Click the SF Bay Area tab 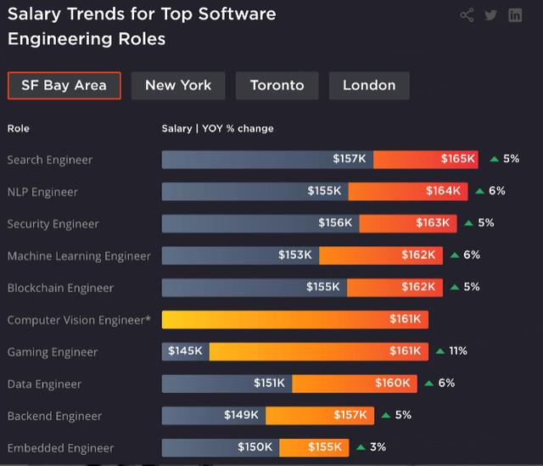pos(64,86)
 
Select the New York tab pos(178,86)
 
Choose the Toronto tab pos(277,86)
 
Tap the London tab pos(369,86)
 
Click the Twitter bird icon pos(490,15)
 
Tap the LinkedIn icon pos(515,15)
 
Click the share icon pos(467,15)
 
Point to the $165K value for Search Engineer pos(457,159)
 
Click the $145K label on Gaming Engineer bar pos(185,351)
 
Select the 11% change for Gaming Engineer pos(458,351)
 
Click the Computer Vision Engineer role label pos(79,320)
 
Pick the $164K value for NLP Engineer pos(443,191)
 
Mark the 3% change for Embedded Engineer pos(378,447)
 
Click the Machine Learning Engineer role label pos(79,256)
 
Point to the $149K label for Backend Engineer pos(241,415)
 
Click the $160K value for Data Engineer pos(392,383)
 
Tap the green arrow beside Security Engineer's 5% pos(468,223)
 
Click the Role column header pos(19,128)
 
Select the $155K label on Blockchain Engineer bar pos(322,287)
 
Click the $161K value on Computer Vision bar pos(405,319)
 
